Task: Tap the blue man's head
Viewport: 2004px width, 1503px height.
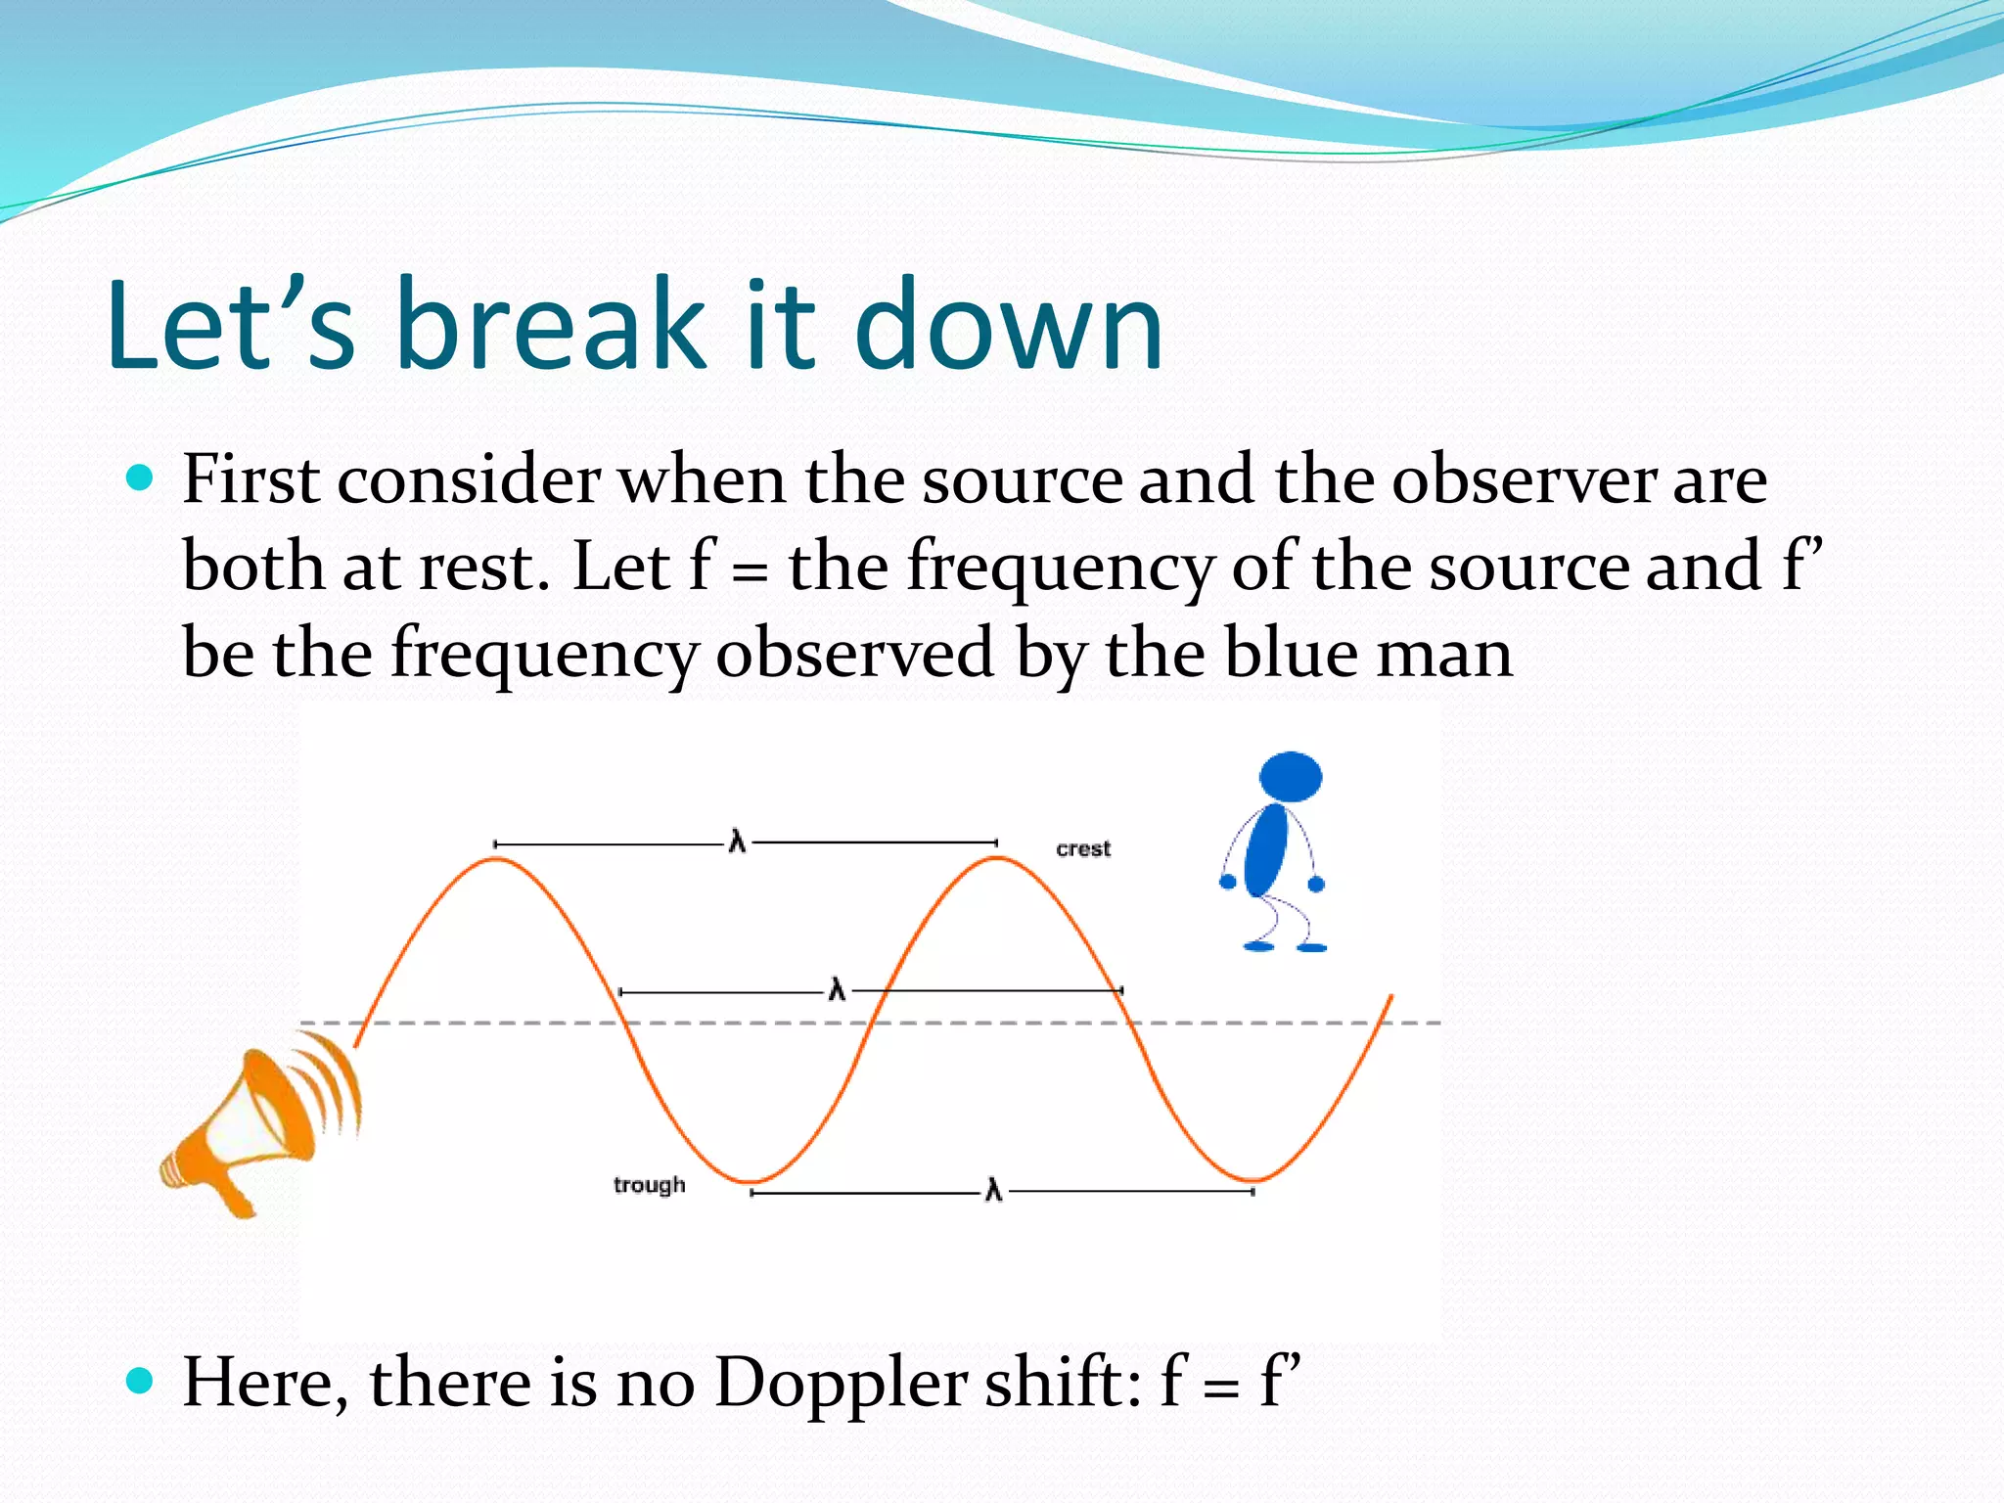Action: (x=1290, y=777)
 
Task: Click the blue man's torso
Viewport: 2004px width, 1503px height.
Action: (x=1267, y=849)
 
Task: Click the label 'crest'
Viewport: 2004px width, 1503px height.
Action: (x=1083, y=848)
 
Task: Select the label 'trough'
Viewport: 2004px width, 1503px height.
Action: (x=649, y=1185)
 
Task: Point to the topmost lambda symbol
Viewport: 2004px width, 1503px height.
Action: (x=737, y=842)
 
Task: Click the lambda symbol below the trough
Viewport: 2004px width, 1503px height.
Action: (x=993, y=1191)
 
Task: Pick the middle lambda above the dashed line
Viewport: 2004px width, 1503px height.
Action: (x=837, y=990)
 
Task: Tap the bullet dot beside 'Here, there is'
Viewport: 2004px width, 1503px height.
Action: (x=141, y=1380)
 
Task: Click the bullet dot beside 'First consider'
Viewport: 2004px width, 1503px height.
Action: (x=141, y=478)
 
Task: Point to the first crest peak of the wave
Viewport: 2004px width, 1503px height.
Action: (x=497, y=859)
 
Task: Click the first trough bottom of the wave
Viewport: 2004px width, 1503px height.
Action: (x=751, y=1181)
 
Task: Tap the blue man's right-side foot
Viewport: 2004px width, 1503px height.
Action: (x=1311, y=946)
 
